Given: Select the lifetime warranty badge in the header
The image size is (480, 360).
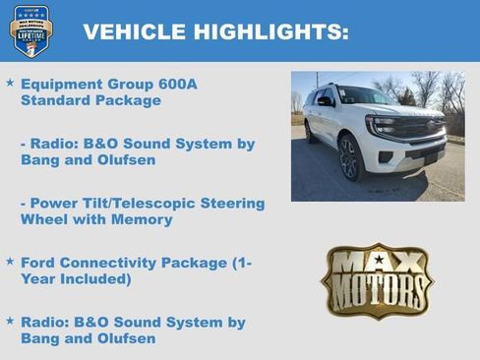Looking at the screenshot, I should pyautogui.click(x=30, y=30).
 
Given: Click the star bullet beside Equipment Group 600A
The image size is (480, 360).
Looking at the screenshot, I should pyautogui.click(x=10, y=84).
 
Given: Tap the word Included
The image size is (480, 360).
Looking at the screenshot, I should pyautogui.click(x=97, y=279).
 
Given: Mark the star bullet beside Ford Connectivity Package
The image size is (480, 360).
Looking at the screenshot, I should pyautogui.click(x=10, y=262).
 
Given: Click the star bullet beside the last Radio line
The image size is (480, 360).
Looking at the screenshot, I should pyautogui.click(x=10, y=322).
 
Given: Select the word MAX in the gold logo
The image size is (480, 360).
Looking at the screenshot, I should pyautogui.click(x=378, y=263).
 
